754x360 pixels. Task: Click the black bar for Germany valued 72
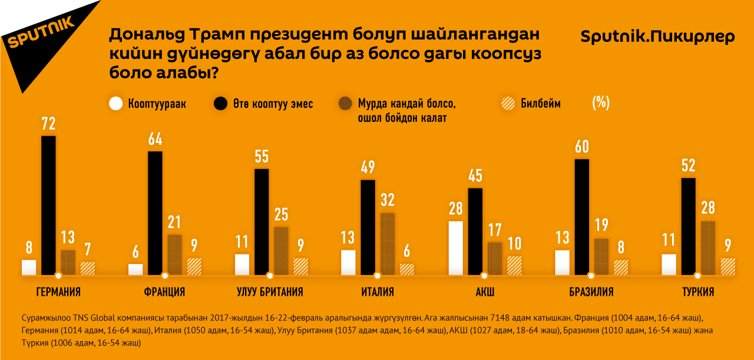[x=48, y=205]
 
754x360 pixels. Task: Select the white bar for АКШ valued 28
[x=455, y=248]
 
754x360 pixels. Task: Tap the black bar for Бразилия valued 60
[x=581, y=216]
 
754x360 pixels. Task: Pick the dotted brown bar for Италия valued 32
[x=388, y=243]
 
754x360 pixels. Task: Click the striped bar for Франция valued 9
[x=194, y=266]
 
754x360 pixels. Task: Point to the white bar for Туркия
[x=669, y=265]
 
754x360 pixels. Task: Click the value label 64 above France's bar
[x=155, y=139]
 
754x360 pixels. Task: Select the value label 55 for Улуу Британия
[x=262, y=157]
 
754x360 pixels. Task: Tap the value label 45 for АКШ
[x=475, y=176]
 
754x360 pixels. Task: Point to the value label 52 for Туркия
[x=688, y=166]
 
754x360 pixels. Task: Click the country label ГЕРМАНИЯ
[x=58, y=292]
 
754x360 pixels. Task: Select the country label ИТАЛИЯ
[x=378, y=292]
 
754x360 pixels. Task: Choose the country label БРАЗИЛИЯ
[x=591, y=292]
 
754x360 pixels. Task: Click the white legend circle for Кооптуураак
[x=117, y=104]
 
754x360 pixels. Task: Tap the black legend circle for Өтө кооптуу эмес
[x=221, y=104]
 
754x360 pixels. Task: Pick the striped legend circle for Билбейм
[x=506, y=104]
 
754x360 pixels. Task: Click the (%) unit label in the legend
[x=600, y=103]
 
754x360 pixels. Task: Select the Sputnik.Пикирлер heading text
[x=657, y=37]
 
